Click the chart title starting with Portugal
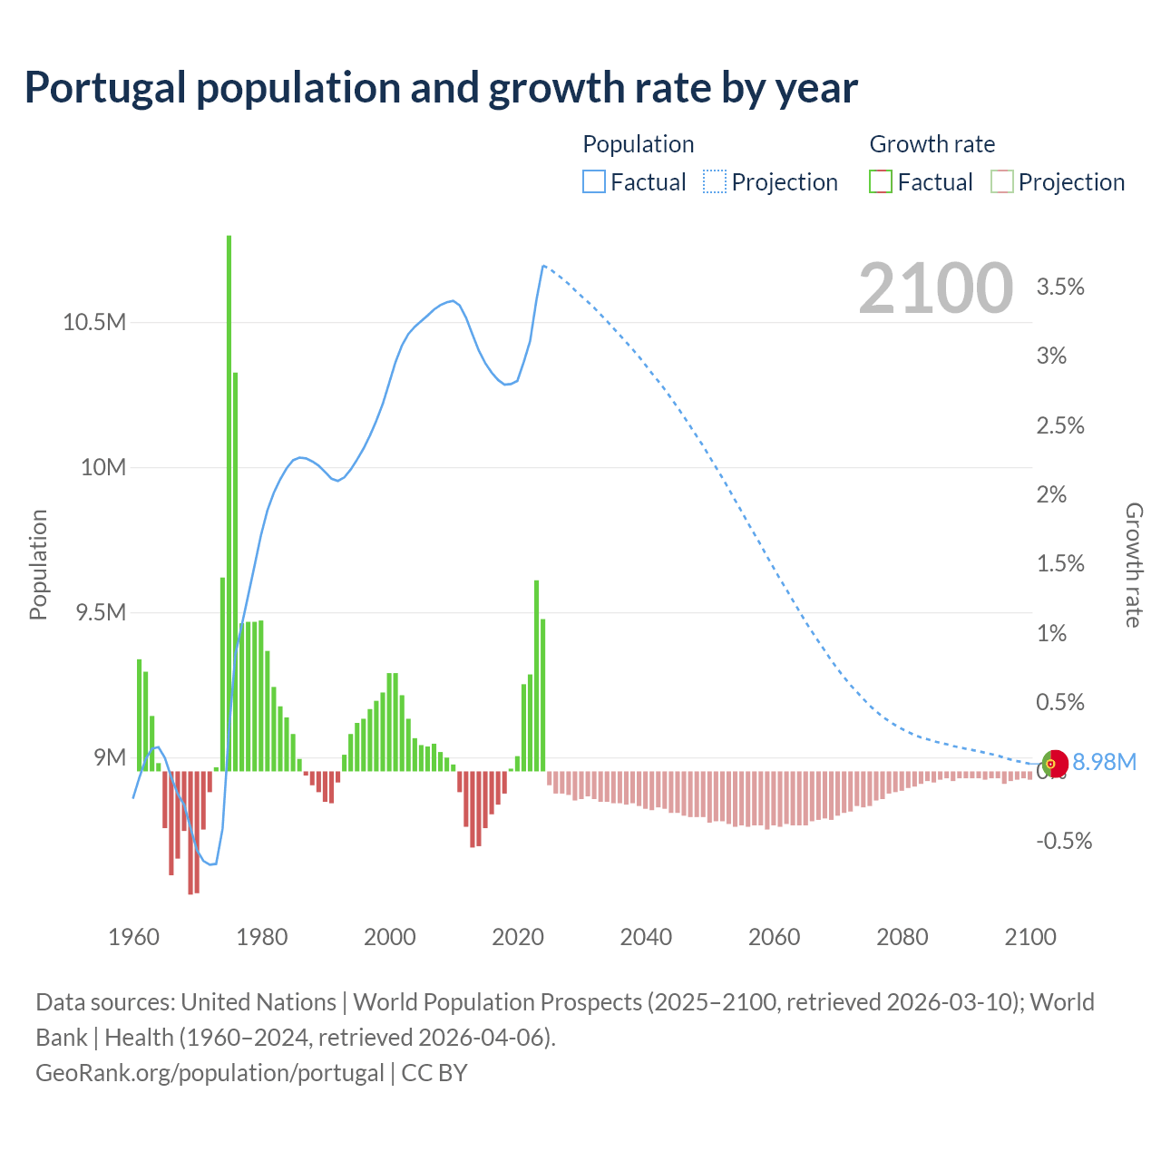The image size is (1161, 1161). pyautogui.click(x=441, y=88)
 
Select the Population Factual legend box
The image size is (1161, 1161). pyautogui.click(x=593, y=182)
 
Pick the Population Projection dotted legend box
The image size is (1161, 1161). pyautogui.click(x=715, y=182)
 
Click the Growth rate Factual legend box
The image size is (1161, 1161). pyautogui.click(x=881, y=182)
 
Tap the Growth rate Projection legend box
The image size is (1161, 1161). pyautogui.click(x=1001, y=182)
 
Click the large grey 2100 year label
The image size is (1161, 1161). pyautogui.click(x=935, y=288)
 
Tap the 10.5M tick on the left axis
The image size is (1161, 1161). pyautogui.click(x=94, y=322)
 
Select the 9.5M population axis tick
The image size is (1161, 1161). pyautogui.click(x=101, y=612)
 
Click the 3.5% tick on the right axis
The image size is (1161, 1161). pyautogui.click(x=1060, y=287)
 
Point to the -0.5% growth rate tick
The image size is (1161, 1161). pyautogui.click(x=1064, y=841)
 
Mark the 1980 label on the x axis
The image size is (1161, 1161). pyautogui.click(x=262, y=937)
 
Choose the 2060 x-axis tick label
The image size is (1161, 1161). pyautogui.click(x=774, y=937)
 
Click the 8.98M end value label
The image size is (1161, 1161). pyautogui.click(x=1104, y=762)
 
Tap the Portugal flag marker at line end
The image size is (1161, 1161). pyautogui.click(x=1054, y=764)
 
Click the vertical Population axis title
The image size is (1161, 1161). pyautogui.click(x=38, y=564)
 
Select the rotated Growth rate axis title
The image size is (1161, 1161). pyautogui.click(x=1133, y=564)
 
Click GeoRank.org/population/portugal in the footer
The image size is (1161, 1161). pyautogui.click(x=210, y=1073)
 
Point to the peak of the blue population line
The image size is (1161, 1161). pyautogui.click(x=542, y=266)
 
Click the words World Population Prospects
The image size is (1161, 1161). pyautogui.click(x=497, y=1002)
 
